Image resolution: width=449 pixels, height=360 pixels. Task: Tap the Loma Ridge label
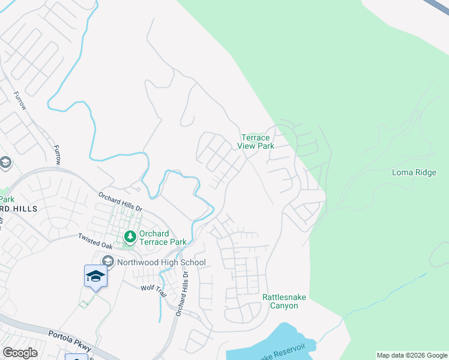(414, 172)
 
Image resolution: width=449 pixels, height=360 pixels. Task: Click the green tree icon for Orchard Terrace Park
(129, 238)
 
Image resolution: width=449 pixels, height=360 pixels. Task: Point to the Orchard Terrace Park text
(163, 238)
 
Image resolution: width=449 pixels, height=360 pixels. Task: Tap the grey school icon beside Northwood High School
(108, 261)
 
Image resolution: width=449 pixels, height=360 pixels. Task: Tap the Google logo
(20, 353)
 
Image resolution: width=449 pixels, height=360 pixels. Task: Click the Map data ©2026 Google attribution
(411, 355)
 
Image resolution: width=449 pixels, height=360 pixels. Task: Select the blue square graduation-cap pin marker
(95, 276)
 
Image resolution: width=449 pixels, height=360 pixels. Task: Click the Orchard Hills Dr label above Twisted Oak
(121, 200)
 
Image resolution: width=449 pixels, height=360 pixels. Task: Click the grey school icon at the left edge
(5, 163)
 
